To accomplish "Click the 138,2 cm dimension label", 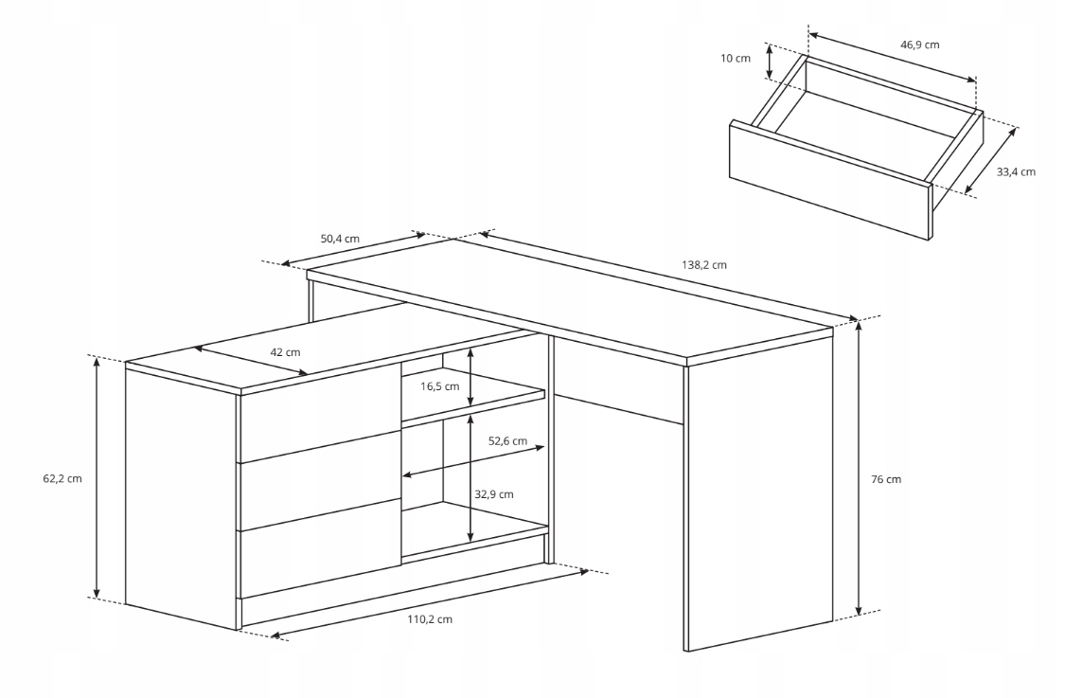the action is coord(704,265).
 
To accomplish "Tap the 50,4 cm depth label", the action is coord(340,239).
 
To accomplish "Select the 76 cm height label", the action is coord(885,479).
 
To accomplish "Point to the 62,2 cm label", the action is coord(62,478).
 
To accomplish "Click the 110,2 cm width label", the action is coord(429,619).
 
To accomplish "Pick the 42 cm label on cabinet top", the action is coord(285,352).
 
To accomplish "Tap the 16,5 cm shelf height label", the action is coord(439,386).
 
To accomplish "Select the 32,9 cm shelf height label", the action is coord(494,494).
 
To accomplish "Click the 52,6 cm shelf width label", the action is coord(507,441).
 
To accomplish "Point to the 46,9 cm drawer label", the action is coord(919,45).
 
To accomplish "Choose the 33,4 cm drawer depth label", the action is coord(1015,172).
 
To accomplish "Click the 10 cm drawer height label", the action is coord(735,59).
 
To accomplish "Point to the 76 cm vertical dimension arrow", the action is coord(860,468).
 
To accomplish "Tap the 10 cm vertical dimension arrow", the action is coord(770,61).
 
